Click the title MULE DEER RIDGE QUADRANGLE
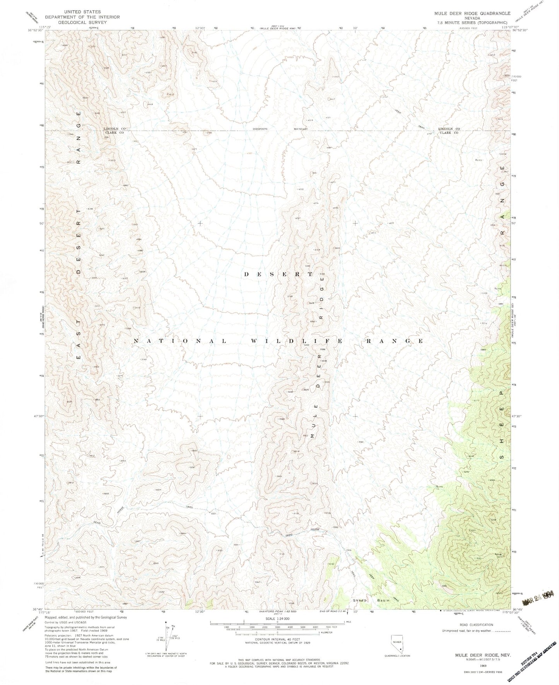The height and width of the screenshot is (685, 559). pyautogui.click(x=472, y=13)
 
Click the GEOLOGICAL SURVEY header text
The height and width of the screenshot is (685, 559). pyautogui.click(x=82, y=22)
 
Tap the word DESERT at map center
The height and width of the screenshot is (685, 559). pyautogui.click(x=278, y=274)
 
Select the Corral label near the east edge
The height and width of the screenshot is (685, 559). pyautogui.click(x=503, y=154)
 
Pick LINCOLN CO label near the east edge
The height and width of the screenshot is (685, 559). pyautogui.click(x=449, y=129)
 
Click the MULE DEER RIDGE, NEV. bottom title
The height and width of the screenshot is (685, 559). pyautogui.click(x=475, y=656)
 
